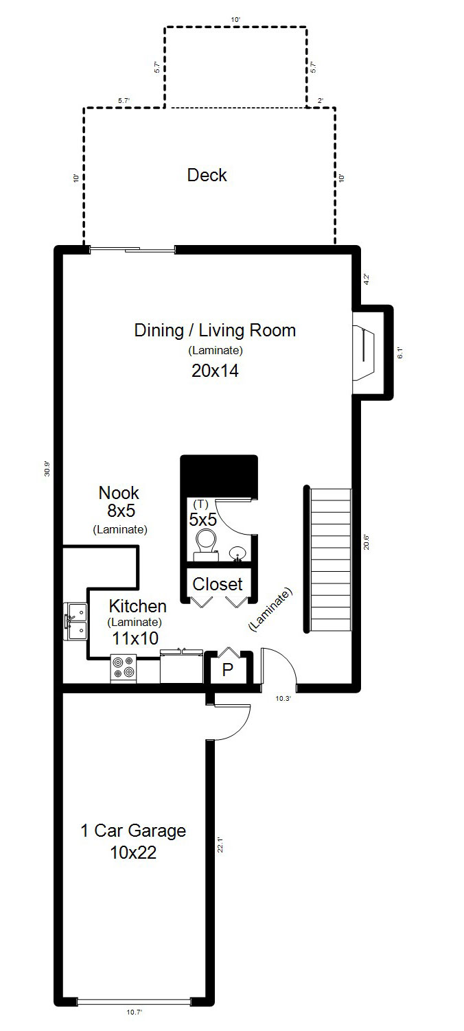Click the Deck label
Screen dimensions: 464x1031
pos(207,175)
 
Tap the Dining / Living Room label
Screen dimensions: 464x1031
pos(215,330)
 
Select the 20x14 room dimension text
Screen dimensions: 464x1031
pos(215,371)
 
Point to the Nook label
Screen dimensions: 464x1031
pos(119,493)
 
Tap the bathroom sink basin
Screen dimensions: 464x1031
pos(237,553)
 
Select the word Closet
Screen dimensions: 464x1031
pos(218,584)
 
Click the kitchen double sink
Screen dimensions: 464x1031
pos(76,621)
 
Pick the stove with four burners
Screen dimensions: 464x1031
pos(124,668)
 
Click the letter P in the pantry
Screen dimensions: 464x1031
pos(227,670)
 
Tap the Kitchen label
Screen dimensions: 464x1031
pos(138,606)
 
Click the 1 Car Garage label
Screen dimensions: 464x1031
pos(133,831)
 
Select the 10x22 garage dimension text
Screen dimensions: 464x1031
pos(133,853)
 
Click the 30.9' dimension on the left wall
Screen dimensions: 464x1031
pos(47,469)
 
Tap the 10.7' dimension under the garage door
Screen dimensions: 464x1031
pos(135,1021)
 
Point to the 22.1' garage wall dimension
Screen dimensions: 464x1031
pos(220,845)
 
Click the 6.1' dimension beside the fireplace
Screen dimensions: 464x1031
pos(400,354)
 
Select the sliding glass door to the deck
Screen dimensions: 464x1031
pos(132,250)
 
